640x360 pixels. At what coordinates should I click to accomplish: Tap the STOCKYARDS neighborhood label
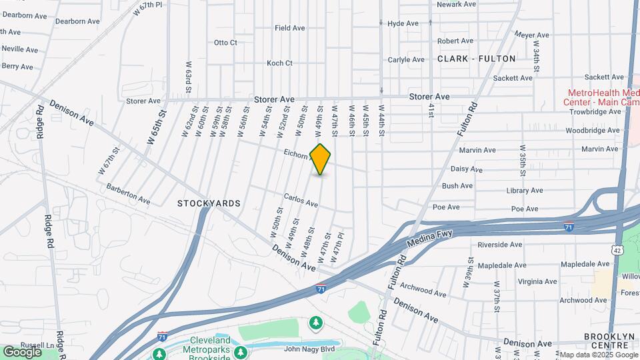coord(209,203)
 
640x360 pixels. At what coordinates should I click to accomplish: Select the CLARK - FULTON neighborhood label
coord(476,59)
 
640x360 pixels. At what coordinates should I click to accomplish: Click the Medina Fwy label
coord(435,237)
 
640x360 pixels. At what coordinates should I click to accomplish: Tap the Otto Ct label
coord(225,43)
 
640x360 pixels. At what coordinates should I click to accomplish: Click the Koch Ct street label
coord(279,63)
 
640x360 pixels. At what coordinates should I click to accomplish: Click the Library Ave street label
coord(524,190)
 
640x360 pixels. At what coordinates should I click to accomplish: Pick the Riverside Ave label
coord(500,245)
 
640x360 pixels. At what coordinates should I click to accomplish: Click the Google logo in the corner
coord(22,351)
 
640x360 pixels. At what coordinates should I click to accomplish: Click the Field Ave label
coord(289,28)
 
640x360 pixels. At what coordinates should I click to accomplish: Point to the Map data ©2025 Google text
coord(597,355)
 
